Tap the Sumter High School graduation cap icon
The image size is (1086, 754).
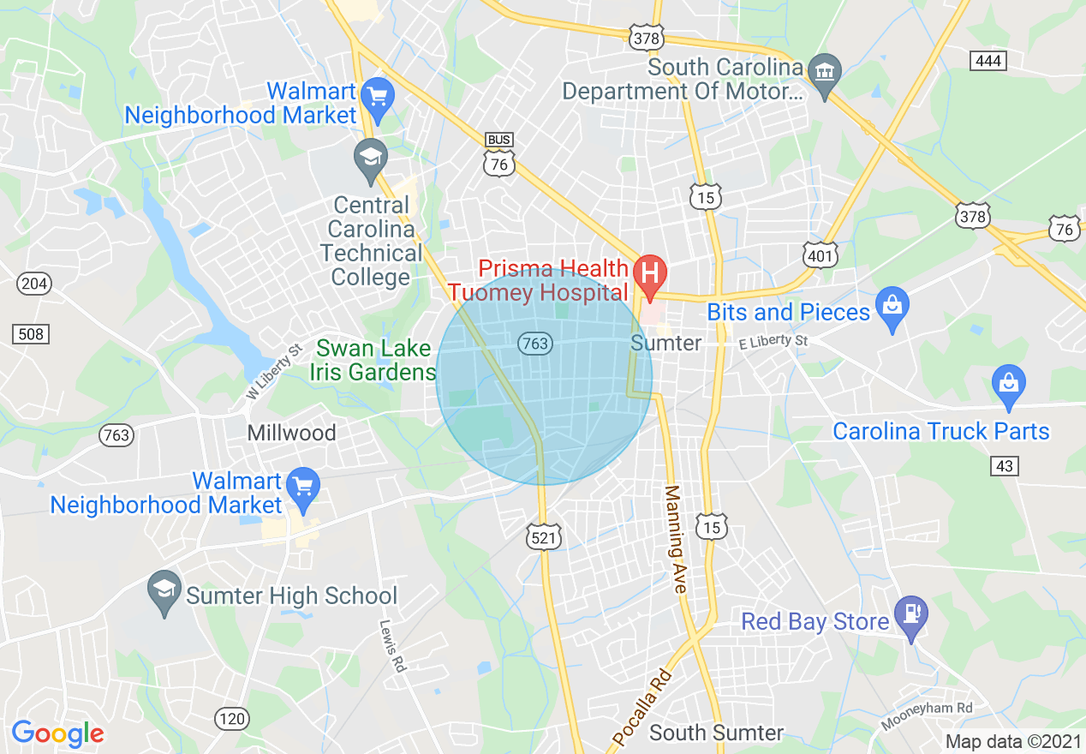point(164,589)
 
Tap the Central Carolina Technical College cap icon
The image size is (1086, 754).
point(371,158)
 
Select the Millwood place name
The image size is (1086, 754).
point(291,433)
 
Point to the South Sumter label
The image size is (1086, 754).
point(716,733)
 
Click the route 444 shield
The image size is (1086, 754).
point(988,60)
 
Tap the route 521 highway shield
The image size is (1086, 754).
point(544,536)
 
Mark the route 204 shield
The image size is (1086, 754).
point(34,283)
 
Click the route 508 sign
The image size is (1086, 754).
point(31,333)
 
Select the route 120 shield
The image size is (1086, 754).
point(231,718)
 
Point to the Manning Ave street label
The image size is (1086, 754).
point(675,540)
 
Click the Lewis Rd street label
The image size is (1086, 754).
point(391,645)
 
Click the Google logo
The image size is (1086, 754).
point(57,733)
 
